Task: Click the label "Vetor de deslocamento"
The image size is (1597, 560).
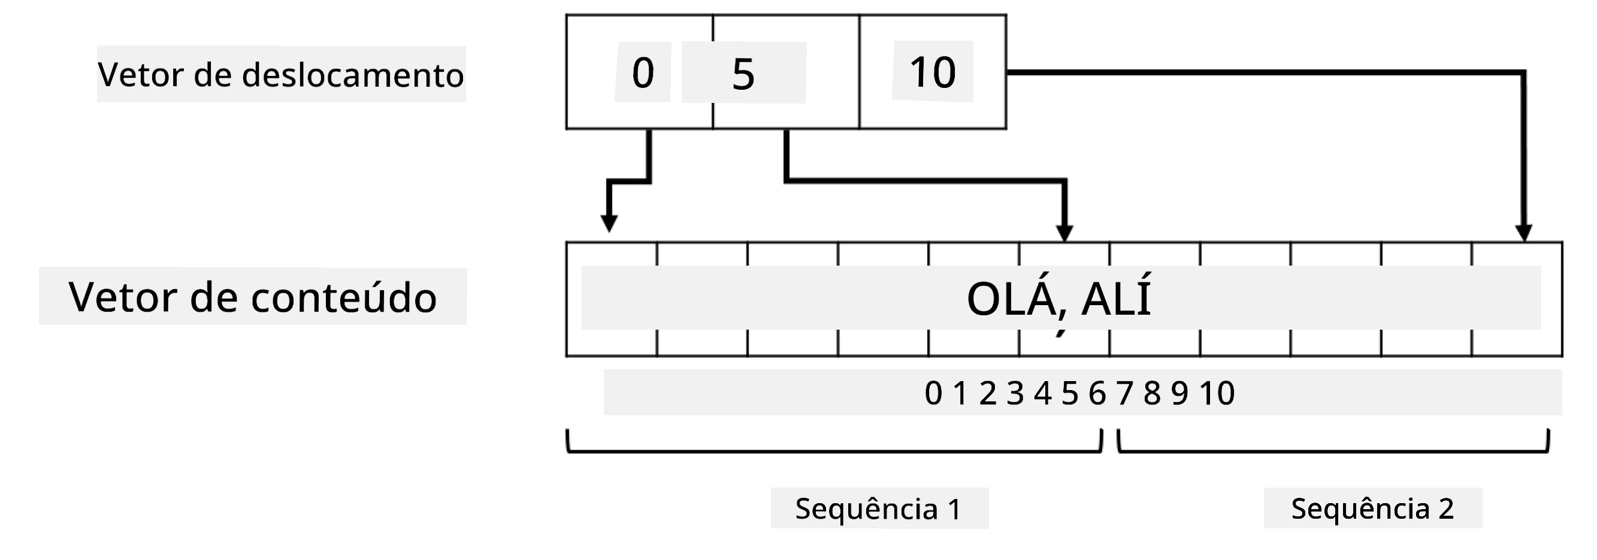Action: tap(281, 75)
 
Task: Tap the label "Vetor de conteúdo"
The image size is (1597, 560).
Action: tap(253, 297)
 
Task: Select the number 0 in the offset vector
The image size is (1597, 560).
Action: tap(643, 72)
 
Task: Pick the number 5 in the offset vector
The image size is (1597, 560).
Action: tap(743, 74)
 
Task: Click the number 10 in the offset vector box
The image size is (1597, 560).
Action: tap(933, 72)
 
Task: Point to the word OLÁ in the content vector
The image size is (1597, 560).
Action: tap(1012, 299)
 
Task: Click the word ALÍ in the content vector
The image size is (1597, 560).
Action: tap(1116, 299)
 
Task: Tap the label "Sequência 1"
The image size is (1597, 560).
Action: tap(879, 509)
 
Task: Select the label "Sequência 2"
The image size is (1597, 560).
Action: tap(1372, 509)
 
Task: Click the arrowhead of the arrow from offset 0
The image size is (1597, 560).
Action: tap(609, 224)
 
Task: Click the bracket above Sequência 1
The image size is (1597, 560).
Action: tap(834, 451)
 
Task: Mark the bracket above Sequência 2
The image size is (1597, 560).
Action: tap(1333, 451)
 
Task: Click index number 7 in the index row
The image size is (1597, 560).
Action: tap(1124, 392)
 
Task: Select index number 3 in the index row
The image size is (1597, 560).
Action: tap(1015, 392)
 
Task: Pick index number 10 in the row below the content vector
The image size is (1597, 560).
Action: tap(1217, 392)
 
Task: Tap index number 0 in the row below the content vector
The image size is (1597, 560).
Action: tap(933, 392)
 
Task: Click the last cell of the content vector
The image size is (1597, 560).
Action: tap(1517, 299)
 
